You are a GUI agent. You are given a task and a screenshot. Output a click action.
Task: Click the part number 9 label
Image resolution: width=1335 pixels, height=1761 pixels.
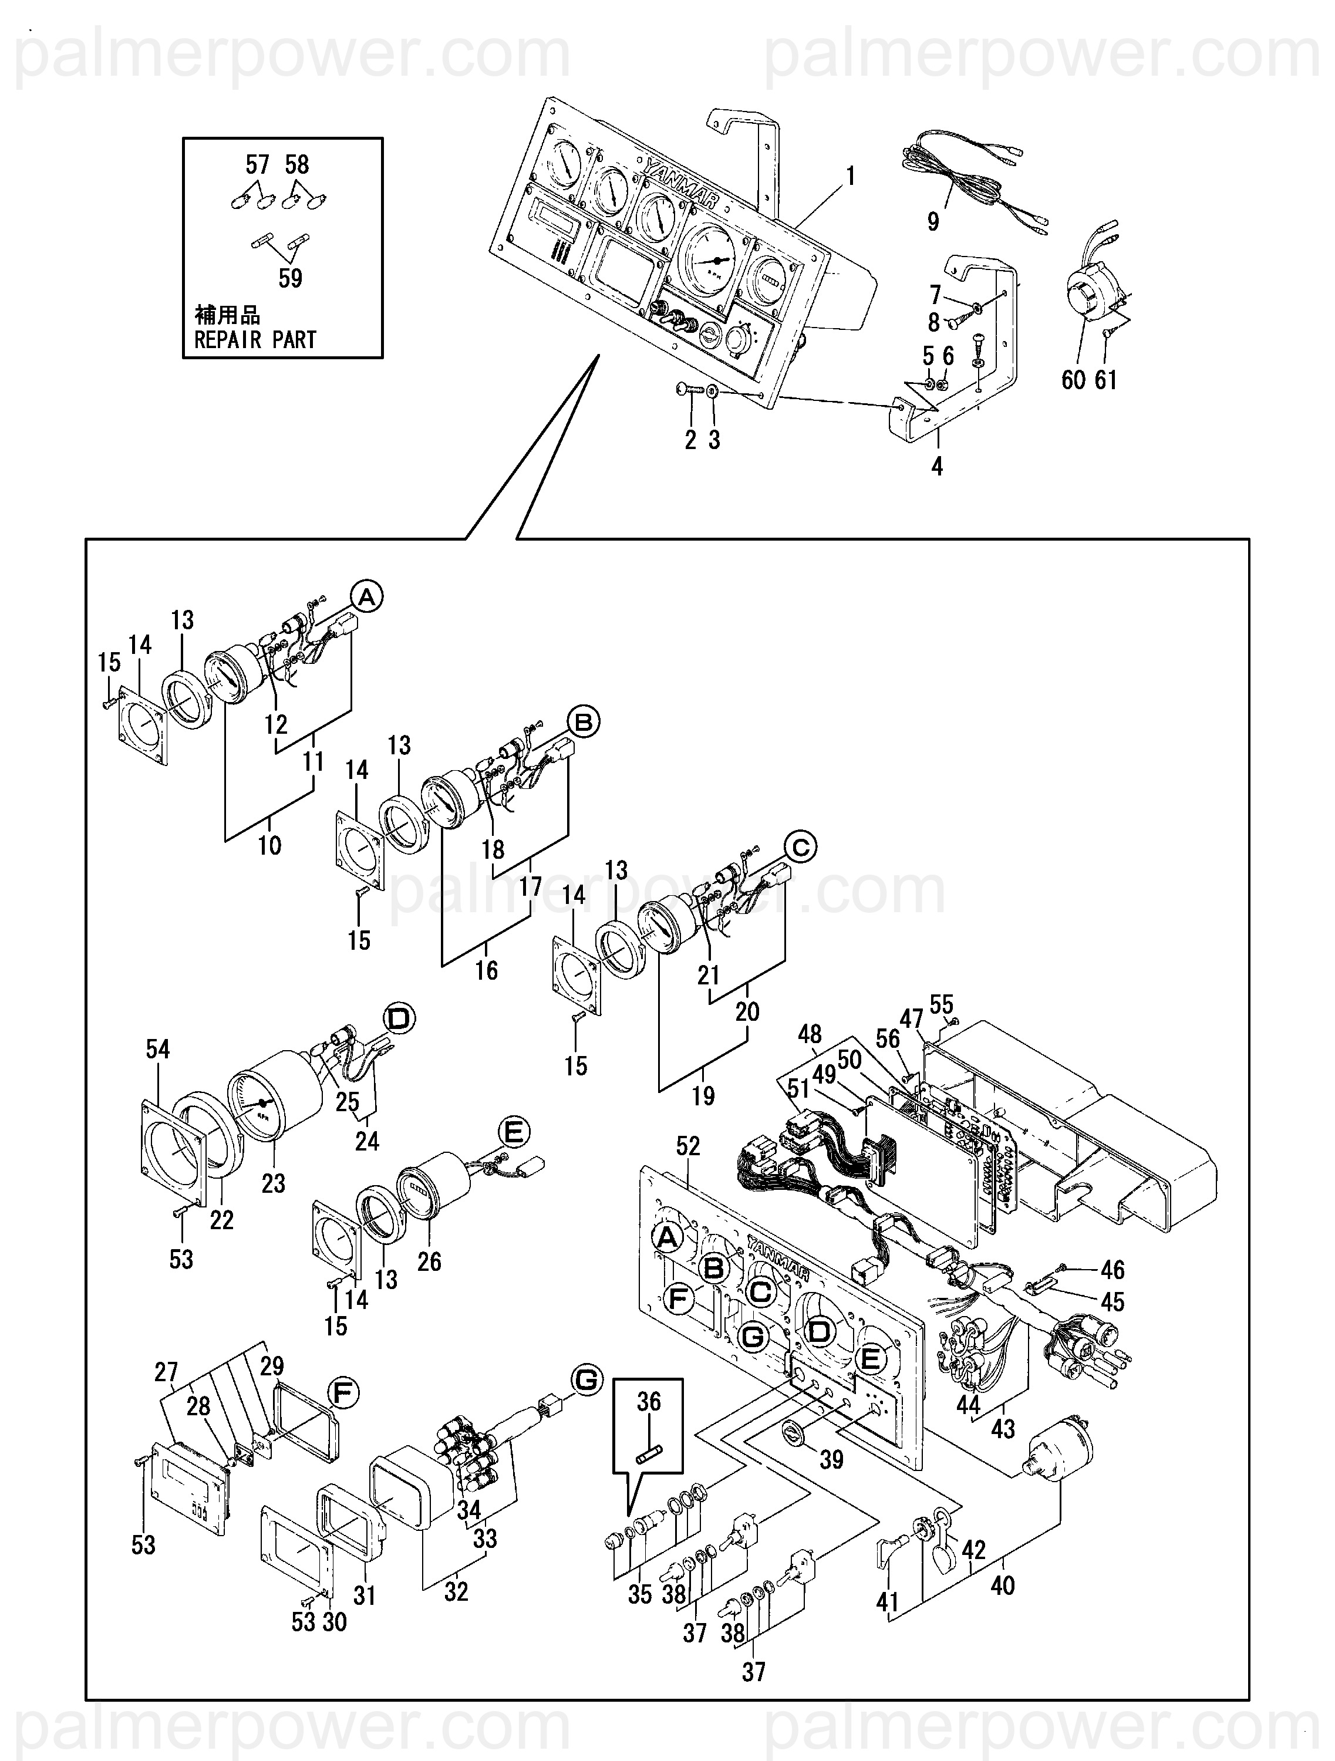[933, 221]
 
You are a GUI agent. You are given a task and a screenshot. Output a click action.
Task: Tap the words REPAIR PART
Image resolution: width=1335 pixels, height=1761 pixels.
[255, 340]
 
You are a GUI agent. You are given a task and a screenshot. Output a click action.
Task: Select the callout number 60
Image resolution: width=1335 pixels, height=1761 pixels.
[1073, 380]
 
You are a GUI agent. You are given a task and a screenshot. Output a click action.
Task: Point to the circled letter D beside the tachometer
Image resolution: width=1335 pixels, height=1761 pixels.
[400, 1018]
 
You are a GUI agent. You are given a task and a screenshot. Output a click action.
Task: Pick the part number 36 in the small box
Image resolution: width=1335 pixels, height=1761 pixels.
[649, 1401]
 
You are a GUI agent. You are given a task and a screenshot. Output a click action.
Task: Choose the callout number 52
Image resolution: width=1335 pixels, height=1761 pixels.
[688, 1146]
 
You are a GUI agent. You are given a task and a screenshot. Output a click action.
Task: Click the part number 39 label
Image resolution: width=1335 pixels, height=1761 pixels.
[831, 1459]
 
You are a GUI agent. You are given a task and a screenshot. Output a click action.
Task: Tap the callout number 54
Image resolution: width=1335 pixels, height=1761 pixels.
[157, 1050]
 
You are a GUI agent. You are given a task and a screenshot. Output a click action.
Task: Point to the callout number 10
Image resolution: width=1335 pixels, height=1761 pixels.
[270, 845]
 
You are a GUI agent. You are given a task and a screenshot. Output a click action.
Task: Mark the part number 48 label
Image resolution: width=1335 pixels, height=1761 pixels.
[810, 1034]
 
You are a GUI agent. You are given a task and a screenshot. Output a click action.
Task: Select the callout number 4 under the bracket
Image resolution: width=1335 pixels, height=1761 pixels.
[937, 467]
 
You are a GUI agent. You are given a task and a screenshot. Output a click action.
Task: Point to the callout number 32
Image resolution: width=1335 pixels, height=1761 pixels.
[456, 1591]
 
